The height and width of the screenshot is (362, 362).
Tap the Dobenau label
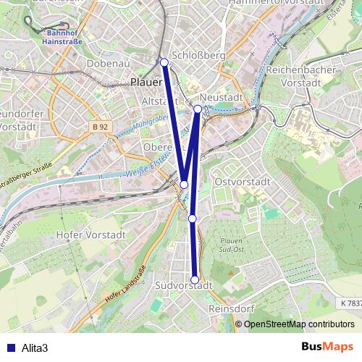pos(107,64)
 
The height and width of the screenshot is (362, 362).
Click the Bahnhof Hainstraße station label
pos(64,37)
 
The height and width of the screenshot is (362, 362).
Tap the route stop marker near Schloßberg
pos(164,62)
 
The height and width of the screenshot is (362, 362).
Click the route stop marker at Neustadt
pos(198,109)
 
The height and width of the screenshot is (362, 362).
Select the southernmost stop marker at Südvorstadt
pos(195,280)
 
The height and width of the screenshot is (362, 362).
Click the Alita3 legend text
pos(35,348)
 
